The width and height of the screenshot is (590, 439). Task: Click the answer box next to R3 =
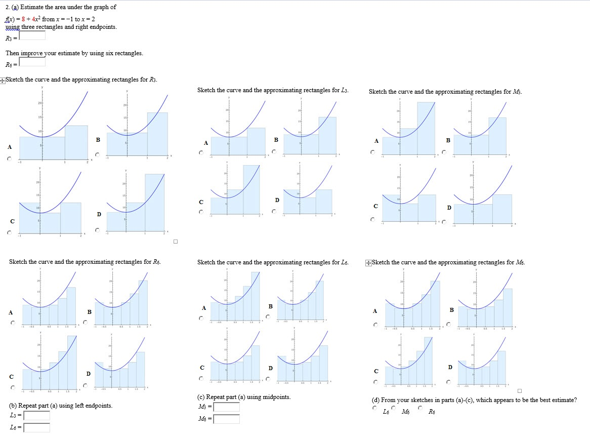pos(32,36)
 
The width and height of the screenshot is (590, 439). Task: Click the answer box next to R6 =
pos(32,62)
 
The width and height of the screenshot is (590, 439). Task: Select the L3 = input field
pos(36,416)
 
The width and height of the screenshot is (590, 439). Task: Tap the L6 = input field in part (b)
pos(36,428)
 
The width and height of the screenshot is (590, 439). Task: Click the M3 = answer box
pos(226,407)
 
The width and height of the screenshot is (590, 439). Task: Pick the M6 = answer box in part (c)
pos(226,419)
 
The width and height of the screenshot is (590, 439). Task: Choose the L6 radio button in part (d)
pos(374,408)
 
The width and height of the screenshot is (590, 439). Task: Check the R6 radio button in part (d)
pos(420,408)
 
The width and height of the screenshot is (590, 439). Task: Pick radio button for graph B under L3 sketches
pos(274,151)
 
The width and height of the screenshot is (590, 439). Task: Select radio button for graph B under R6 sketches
pos(86,323)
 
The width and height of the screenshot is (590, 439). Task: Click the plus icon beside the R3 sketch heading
pos(3,80)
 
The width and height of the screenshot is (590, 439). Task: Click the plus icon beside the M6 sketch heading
pos(368,263)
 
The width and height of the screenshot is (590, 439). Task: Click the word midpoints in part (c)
pos(276,397)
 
